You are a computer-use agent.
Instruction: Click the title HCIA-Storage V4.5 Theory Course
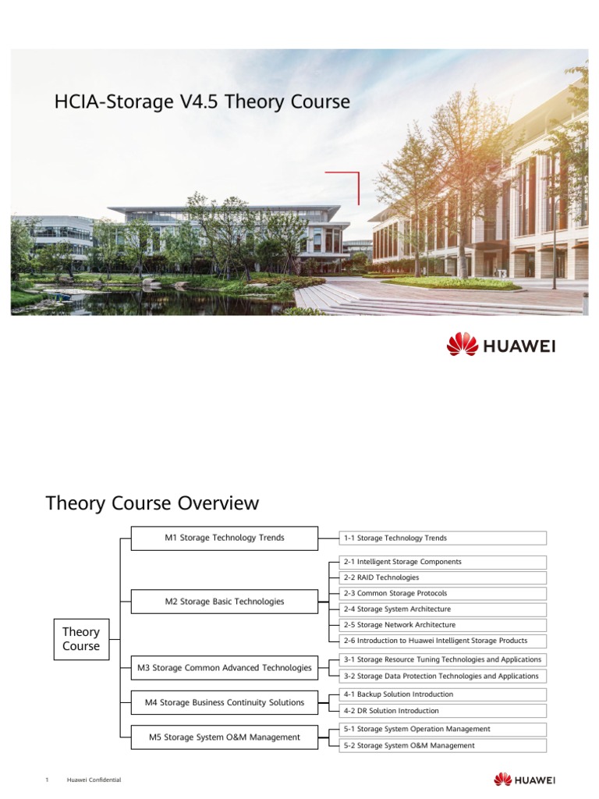pyautogui.click(x=202, y=102)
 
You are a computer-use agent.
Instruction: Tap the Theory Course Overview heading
pyautogui.click(x=152, y=503)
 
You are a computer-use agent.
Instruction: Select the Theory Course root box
pyautogui.click(x=81, y=639)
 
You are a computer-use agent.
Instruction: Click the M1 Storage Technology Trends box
pyautogui.click(x=225, y=538)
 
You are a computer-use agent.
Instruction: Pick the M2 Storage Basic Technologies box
pyautogui.click(x=225, y=602)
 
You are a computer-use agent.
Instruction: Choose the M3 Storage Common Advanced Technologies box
pyautogui.click(x=225, y=667)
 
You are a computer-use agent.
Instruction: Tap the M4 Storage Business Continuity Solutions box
pyautogui.click(x=225, y=702)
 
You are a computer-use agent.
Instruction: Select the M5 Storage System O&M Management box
pyautogui.click(x=225, y=737)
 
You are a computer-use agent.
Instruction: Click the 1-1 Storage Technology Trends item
pyautogui.click(x=442, y=538)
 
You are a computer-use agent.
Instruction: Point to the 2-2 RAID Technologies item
pyautogui.click(x=442, y=577)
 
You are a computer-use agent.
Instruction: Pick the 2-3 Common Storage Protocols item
pyautogui.click(x=442, y=593)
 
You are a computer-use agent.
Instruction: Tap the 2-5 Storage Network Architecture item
pyautogui.click(x=442, y=625)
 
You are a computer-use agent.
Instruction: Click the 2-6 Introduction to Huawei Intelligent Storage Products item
pyautogui.click(x=442, y=641)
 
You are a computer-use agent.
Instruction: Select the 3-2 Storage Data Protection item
pyautogui.click(x=442, y=676)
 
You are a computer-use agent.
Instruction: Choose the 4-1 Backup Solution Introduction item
pyautogui.click(x=442, y=694)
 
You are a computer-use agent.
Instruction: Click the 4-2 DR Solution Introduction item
pyautogui.click(x=442, y=711)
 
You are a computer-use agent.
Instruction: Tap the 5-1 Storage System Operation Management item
pyautogui.click(x=442, y=729)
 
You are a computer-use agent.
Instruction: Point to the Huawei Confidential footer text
pyautogui.click(x=94, y=780)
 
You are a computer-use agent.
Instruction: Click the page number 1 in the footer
pyautogui.click(x=48, y=780)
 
